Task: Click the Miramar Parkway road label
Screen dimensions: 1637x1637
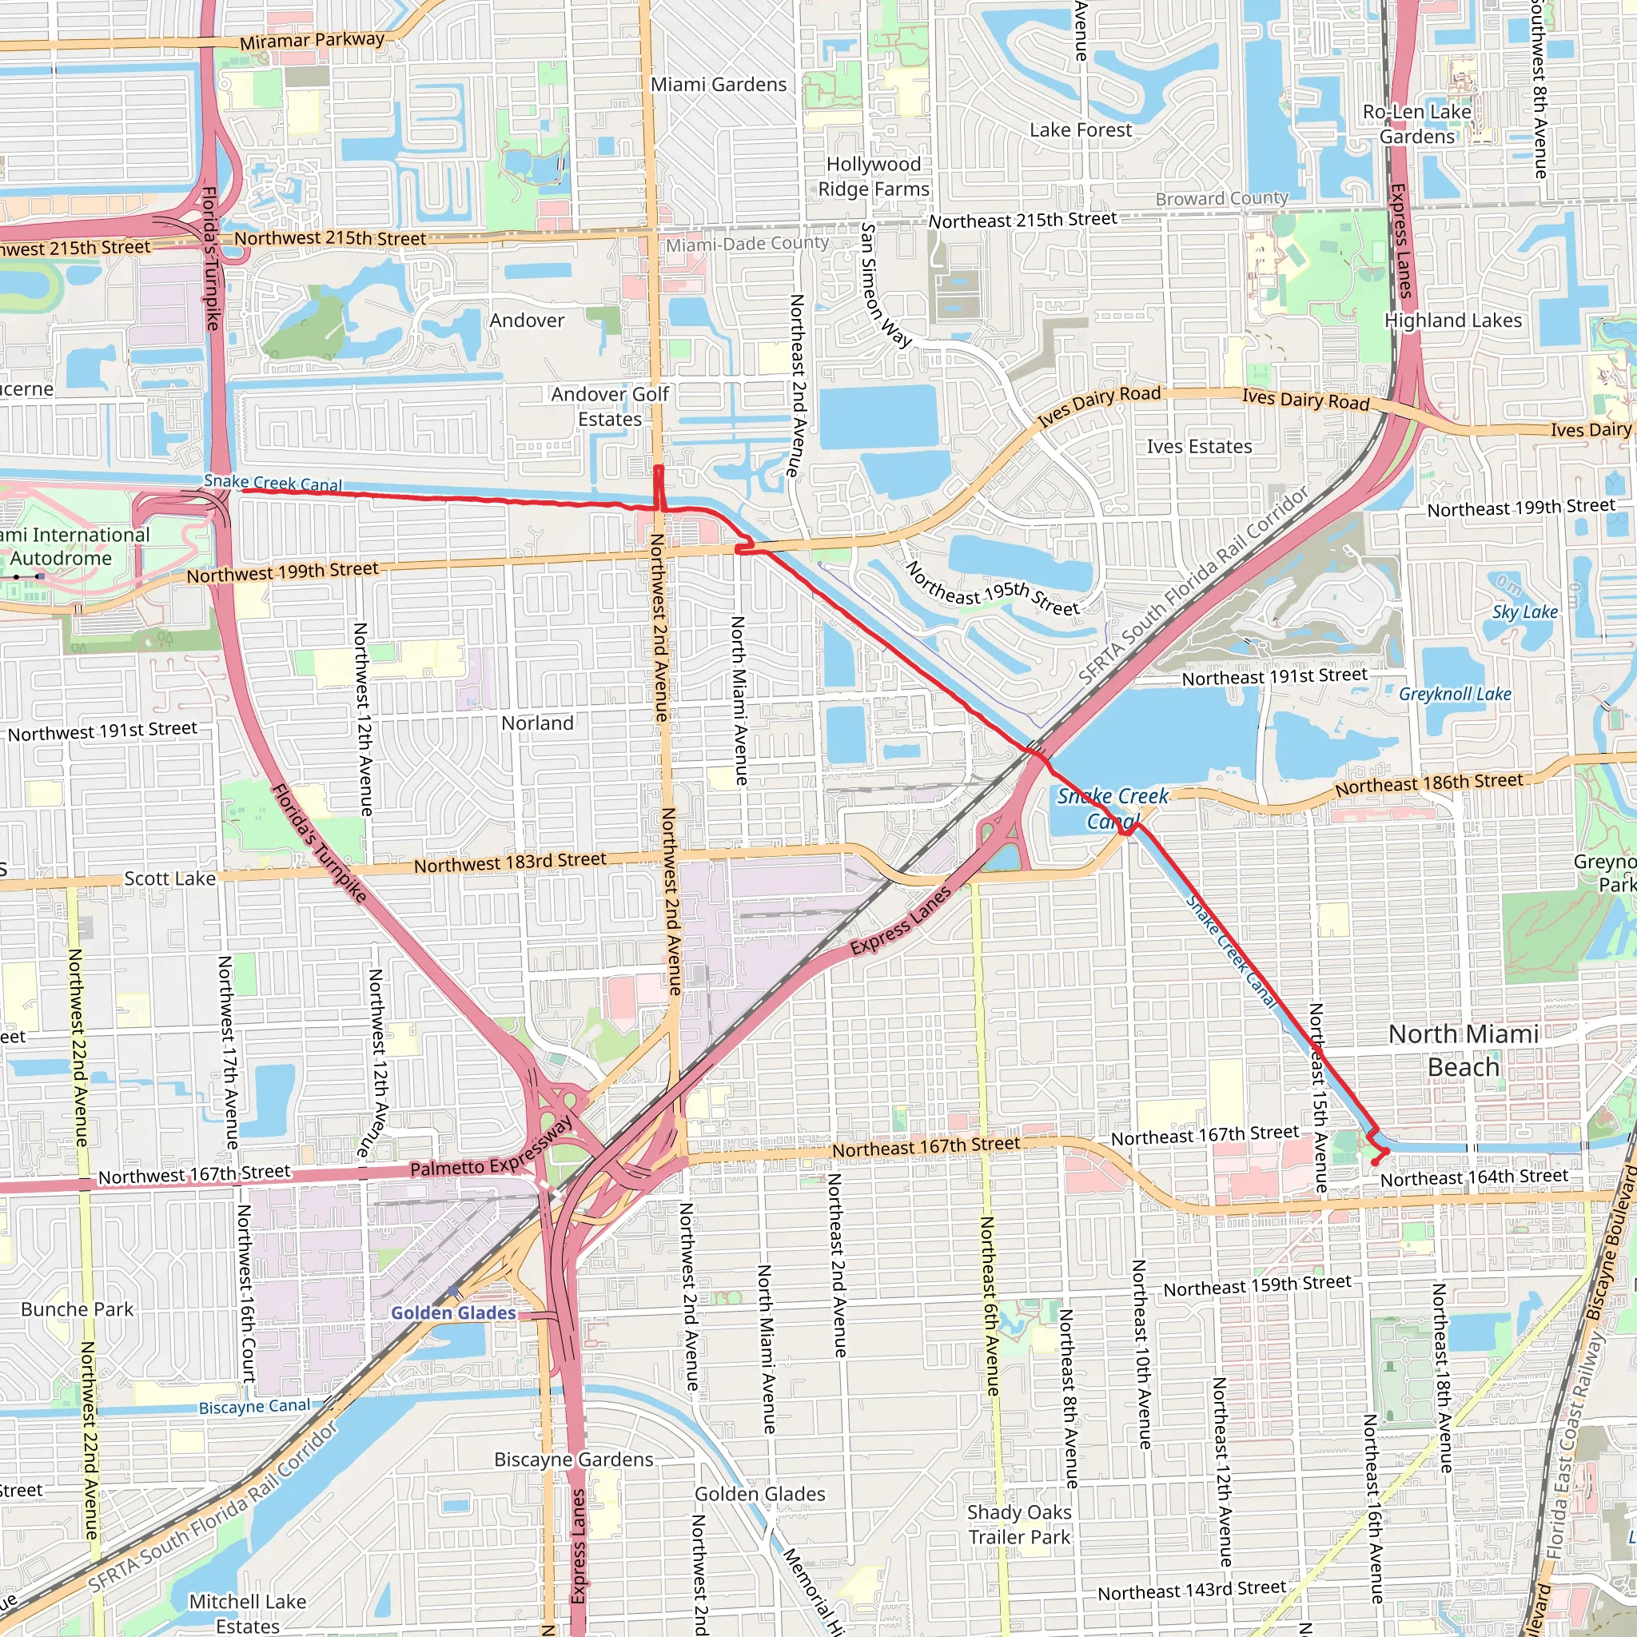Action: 312,40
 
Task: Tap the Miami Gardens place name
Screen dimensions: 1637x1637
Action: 719,85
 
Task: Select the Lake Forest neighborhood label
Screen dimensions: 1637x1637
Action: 1081,130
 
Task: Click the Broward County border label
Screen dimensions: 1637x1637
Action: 1222,199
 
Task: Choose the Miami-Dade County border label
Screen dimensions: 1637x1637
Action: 747,244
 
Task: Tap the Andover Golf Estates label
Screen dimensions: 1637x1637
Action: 610,407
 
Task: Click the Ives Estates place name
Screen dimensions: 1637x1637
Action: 1199,447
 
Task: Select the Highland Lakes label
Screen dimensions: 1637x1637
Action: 1452,321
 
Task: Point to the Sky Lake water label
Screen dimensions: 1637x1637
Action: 1524,611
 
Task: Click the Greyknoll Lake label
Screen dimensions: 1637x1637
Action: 1454,694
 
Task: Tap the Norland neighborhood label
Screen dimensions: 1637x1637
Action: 537,723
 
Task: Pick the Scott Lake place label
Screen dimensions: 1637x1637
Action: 169,878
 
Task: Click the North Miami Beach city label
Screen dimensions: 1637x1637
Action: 1464,1050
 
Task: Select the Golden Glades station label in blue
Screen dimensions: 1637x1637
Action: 453,1312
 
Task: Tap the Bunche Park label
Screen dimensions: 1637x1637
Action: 77,1309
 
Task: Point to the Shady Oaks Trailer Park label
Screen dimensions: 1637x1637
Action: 1019,1524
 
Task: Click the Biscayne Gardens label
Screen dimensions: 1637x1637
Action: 574,1459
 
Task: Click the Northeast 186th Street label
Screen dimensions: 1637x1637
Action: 1428,784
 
